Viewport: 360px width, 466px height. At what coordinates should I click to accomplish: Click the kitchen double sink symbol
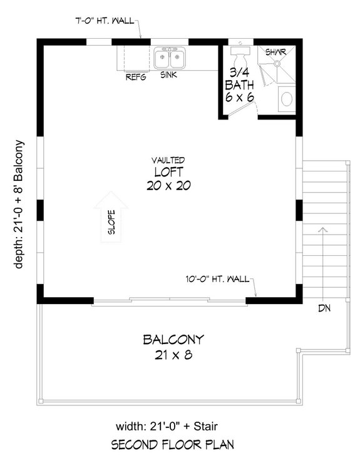[168, 59]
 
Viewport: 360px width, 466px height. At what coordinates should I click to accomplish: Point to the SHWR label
[275, 52]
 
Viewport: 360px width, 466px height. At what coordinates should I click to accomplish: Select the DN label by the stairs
[324, 308]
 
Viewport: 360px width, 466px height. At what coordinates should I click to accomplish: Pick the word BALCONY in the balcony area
[173, 340]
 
